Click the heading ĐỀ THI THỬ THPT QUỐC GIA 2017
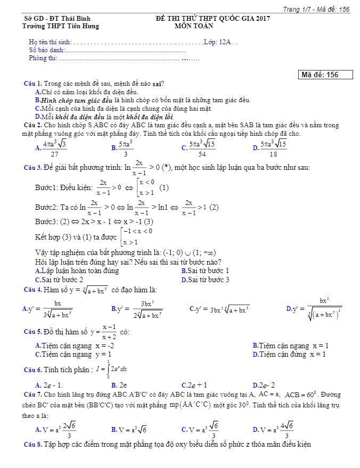(213, 19)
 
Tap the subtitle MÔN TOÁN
(194, 26)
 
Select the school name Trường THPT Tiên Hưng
(61, 26)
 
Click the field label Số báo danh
(46, 50)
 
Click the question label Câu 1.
(33, 84)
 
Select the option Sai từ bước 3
(205, 280)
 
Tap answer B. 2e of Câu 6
(119, 385)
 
